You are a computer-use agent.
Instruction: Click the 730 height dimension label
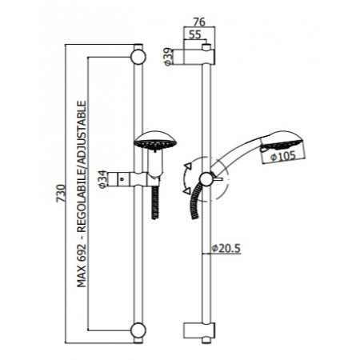(x=61, y=194)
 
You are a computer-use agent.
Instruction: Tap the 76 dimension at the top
(x=199, y=22)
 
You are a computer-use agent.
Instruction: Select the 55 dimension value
(x=195, y=34)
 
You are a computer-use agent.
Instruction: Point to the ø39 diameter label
(x=168, y=57)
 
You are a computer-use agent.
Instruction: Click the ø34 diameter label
(x=102, y=179)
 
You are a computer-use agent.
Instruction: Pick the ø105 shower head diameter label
(x=283, y=156)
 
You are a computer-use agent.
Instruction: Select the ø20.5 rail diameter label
(x=226, y=249)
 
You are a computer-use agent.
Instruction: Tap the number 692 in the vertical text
(x=82, y=250)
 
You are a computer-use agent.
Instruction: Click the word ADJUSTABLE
(x=82, y=132)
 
